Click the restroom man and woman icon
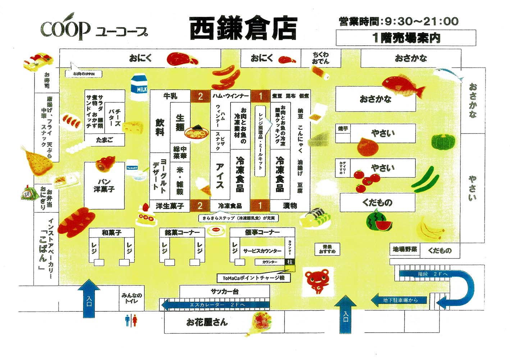(131, 320)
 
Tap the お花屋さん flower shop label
(207, 322)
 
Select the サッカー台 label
(224, 292)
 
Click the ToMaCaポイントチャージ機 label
(254, 278)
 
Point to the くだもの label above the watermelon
(377, 202)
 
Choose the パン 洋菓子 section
(104, 185)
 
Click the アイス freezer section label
(220, 175)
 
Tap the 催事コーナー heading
(262, 232)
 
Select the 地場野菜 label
(405, 249)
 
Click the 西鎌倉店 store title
(243, 28)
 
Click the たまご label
(104, 140)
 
